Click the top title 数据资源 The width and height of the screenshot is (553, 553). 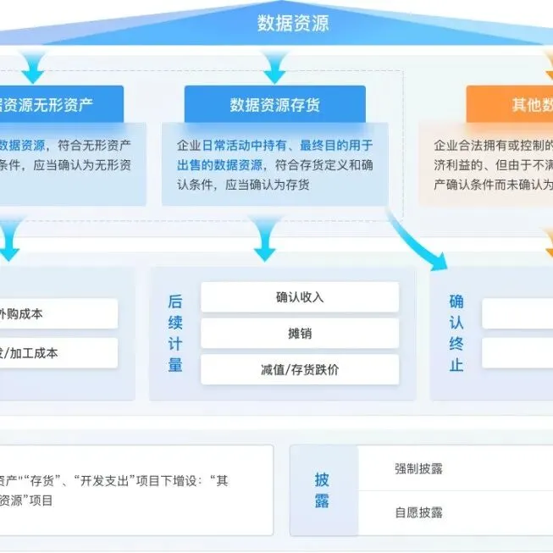(x=292, y=23)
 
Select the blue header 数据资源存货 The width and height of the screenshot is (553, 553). (x=275, y=105)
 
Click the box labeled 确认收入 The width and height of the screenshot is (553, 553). (x=299, y=297)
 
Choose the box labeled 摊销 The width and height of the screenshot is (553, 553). (x=299, y=334)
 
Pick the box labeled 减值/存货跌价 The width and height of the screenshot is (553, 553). (x=299, y=370)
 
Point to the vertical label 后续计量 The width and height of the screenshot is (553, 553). (x=175, y=334)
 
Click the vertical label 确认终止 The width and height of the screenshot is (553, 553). (x=456, y=334)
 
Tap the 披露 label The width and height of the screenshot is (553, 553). (x=322, y=490)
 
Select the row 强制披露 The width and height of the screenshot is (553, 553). (x=418, y=468)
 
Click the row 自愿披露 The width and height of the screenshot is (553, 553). (x=418, y=512)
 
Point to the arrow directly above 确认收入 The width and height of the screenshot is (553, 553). (x=265, y=240)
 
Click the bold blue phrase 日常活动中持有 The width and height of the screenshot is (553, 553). (x=245, y=145)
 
